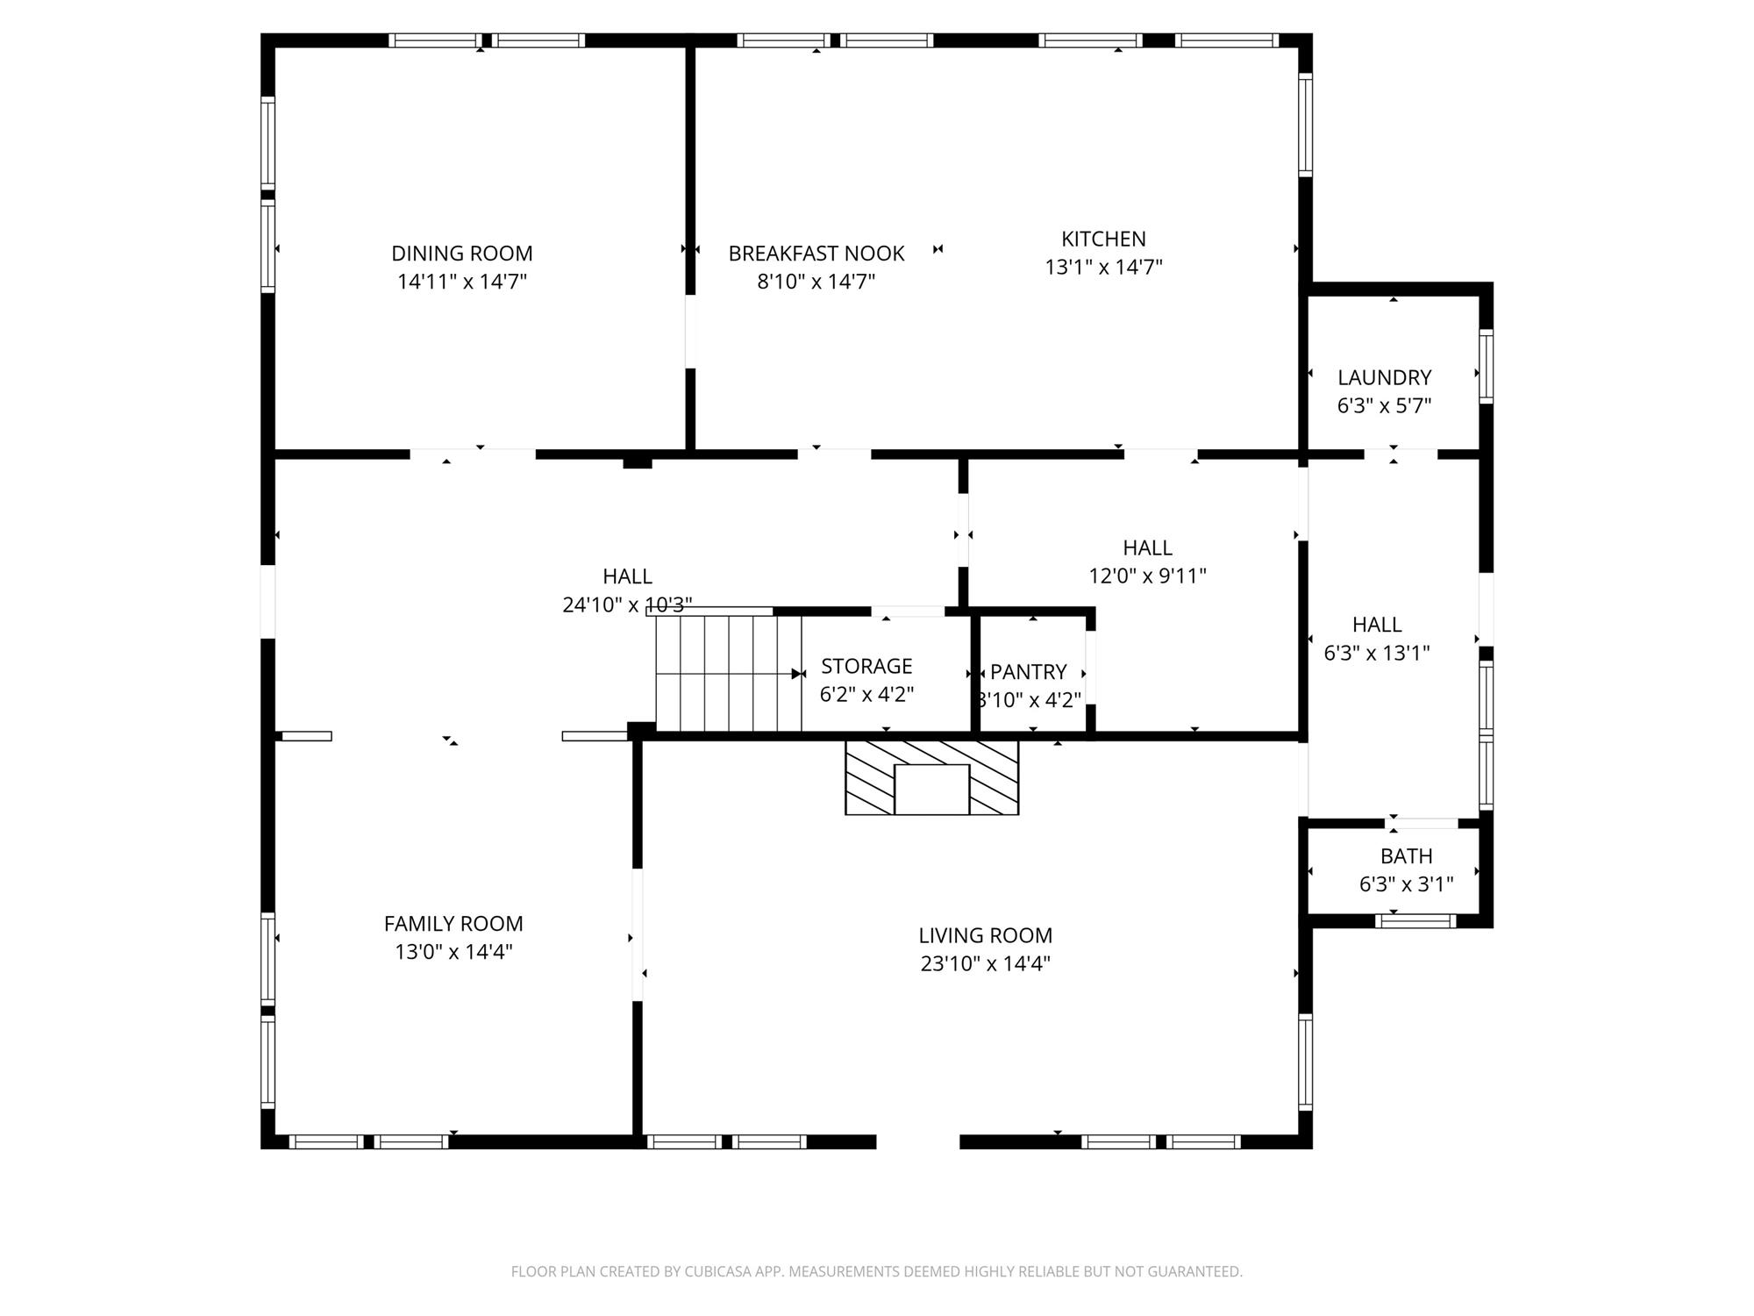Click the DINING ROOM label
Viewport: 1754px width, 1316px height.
(x=462, y=254)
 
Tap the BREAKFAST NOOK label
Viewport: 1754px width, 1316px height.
(x=816, y=254)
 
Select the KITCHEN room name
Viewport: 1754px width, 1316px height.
(x=1103, y=239)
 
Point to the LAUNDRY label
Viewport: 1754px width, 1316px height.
(x=1384, y=377)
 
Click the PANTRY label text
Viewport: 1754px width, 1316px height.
(x=1029, y=672)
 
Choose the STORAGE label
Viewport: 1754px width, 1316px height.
(x=866, y=666)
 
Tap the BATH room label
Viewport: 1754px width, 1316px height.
(x=1407, y=856)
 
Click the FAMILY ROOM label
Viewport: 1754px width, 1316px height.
(x=453, y=924)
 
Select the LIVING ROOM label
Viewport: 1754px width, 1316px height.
(x=986, y=935)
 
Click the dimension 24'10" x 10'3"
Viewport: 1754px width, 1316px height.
(x=627, y=604)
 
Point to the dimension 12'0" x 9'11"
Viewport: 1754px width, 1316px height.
(x=1147, y=576)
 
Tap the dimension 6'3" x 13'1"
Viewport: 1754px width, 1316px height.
(x=1377, y=653)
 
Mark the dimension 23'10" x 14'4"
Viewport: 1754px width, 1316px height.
(x=986, y=963)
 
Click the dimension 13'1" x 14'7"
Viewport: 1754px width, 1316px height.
(x=1103, y=267)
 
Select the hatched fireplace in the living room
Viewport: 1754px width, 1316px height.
(x=931, y=777)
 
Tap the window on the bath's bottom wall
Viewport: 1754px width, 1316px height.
(x=1415, y=920)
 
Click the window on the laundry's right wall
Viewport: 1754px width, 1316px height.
(x=1487, y=366)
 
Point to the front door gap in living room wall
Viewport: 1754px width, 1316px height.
(x=918, y=1141)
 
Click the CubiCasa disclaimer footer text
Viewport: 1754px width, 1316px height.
(x=877, y=1271)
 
